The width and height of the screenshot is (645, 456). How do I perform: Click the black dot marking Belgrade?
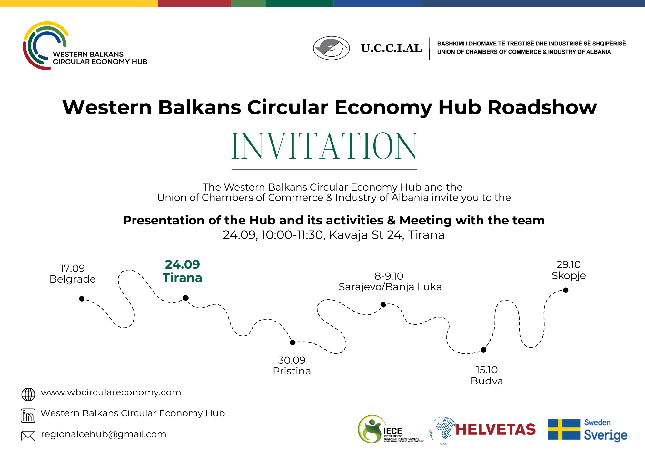click(82, 299)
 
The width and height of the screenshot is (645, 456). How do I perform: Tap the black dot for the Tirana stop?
click(185, 298)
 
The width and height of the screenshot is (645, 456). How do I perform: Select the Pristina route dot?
click(293, 342)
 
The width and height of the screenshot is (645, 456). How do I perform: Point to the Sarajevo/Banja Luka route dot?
click(383, 304)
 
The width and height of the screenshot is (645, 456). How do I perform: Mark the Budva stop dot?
click(483, 350)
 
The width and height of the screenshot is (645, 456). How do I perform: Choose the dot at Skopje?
click(566, 290)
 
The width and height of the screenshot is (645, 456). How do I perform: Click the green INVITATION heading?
click(324, 146)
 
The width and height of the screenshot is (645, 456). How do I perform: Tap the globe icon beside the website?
click(28, 394)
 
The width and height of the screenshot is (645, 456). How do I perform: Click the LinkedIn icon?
click(28, 415)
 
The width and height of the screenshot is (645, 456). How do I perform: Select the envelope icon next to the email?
click(28, 436)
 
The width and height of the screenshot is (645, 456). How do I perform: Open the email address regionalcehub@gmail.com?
click(104, 434)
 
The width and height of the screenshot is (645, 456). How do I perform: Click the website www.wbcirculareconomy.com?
click(111, 392)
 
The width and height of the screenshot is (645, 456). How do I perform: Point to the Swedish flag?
click(564, 429)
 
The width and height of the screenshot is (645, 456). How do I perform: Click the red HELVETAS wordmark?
click(496, 430)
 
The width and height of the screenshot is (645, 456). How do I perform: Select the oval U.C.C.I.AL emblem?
click(332, 48)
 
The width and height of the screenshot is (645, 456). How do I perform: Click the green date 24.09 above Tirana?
click(183, 264)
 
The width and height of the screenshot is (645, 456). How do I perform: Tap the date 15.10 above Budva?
click(487, 370)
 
